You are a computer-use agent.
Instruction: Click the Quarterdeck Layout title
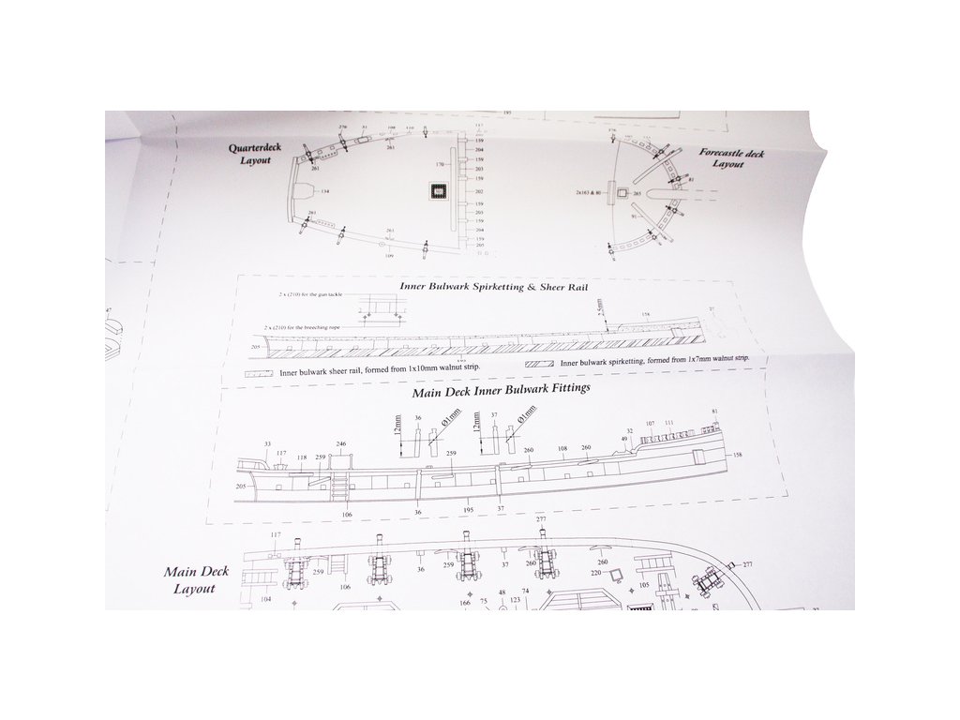[x=248, y=154]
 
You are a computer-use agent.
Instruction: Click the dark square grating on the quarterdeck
[x=437, y=190]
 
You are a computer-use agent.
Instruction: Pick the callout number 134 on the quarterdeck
[x=324, y=191]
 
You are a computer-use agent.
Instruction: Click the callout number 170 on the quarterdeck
[x=439, y=164]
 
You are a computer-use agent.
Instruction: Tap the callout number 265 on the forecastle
[x=637, y=194]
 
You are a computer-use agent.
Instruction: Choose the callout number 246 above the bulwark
[x=342, y=443]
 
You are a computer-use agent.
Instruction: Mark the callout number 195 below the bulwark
[x=467, y=512]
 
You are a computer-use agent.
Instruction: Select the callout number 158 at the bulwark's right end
[x=737, y=455]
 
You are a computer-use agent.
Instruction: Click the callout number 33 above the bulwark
[x=268, y=443]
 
